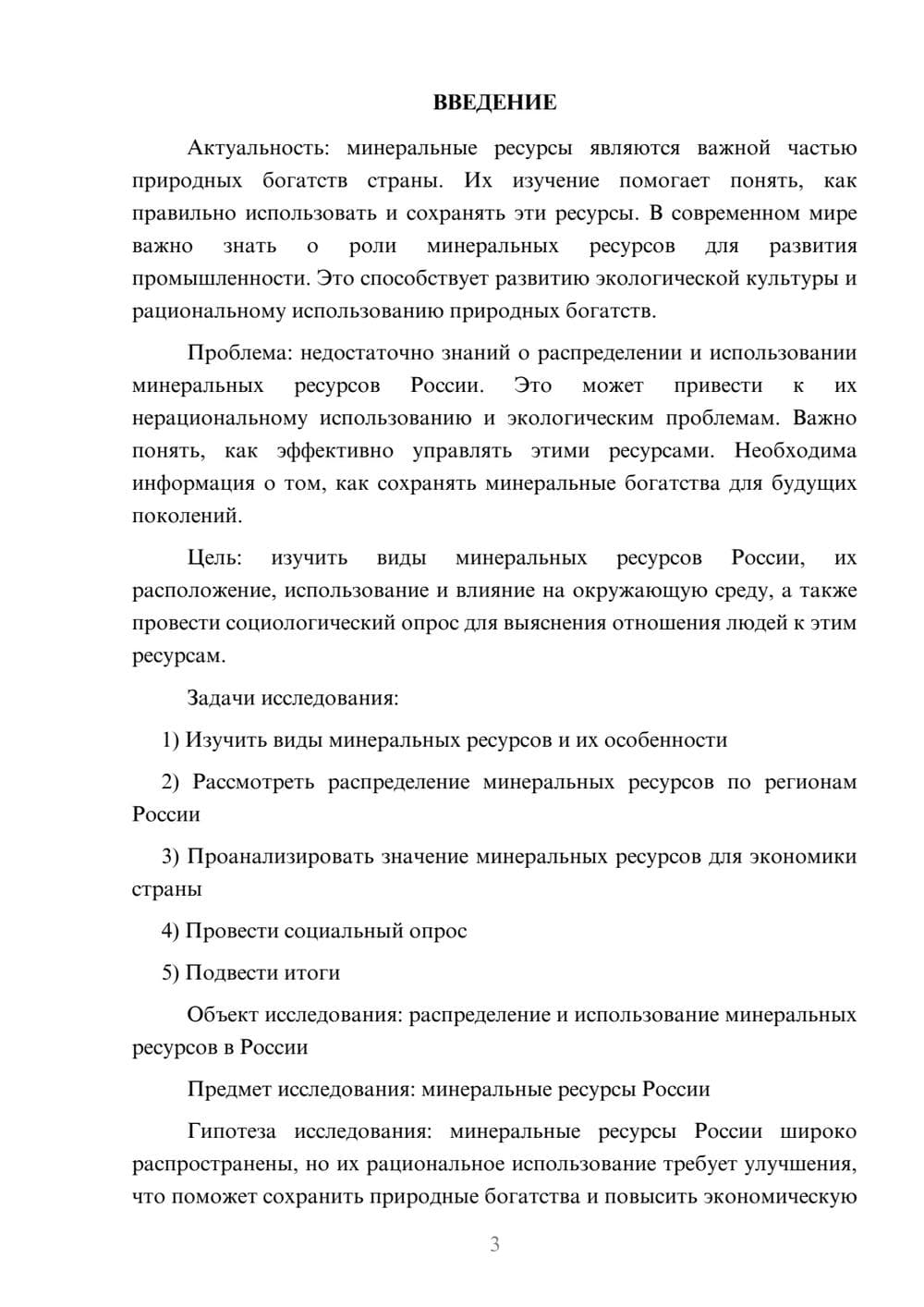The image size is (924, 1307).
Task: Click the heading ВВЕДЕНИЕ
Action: click(x=494, y=103)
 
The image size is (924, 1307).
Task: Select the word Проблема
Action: click(x=237, y=353)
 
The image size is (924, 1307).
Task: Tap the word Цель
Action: click(x=214, y=558)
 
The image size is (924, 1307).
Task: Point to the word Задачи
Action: click(x=221, y=698)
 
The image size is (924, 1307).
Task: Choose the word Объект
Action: click(x=223, y=1015)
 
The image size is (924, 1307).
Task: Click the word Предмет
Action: click(x=229, y=1089)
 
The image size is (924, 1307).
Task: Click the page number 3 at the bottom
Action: click(x=494, y=1244)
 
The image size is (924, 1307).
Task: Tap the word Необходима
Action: click(x=796, y=451)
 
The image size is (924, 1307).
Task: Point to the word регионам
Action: click(x=810, y=782)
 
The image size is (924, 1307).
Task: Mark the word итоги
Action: click(x=312, y=972)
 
